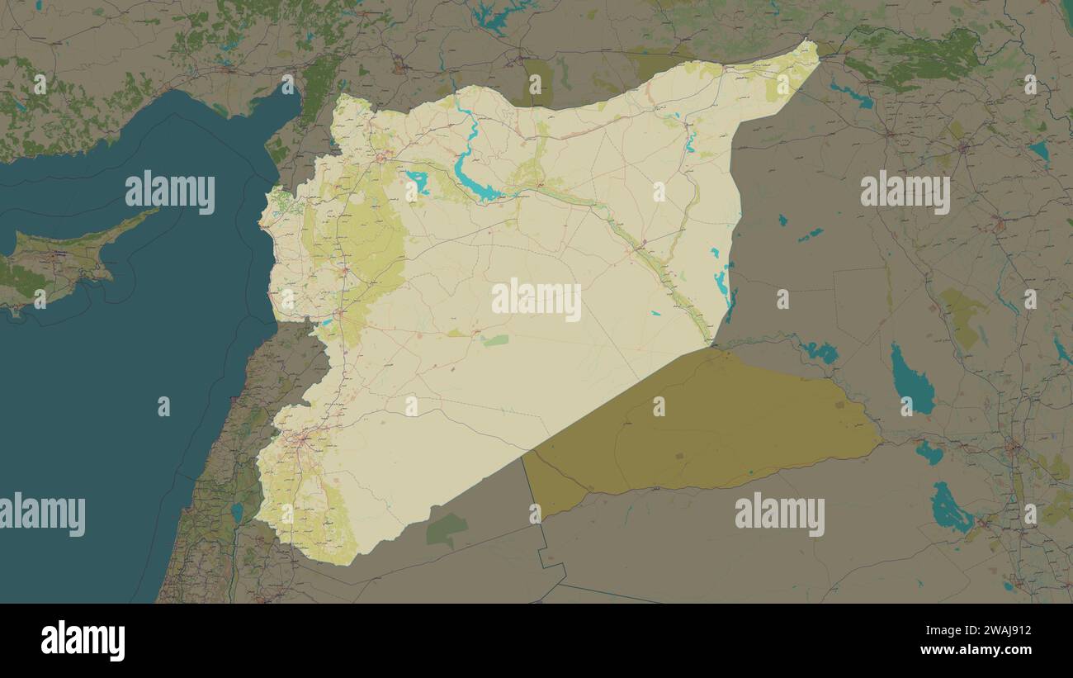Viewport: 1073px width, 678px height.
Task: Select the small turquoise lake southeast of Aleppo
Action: point(417,181)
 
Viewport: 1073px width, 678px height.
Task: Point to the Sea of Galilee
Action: point(238,513)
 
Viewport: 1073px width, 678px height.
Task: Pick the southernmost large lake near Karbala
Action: point(950,509)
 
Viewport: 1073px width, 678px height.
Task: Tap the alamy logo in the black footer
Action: point(83,641)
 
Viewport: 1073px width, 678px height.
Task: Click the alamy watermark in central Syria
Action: point(536,300)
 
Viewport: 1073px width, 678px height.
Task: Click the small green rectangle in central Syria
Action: point(495,340)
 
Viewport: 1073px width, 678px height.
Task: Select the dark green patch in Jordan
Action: point(446,529)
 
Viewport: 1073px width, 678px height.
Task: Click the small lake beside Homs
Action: point(328,321)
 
